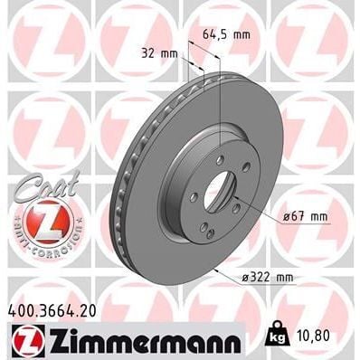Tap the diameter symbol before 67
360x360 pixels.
click(x=284, y=215)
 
